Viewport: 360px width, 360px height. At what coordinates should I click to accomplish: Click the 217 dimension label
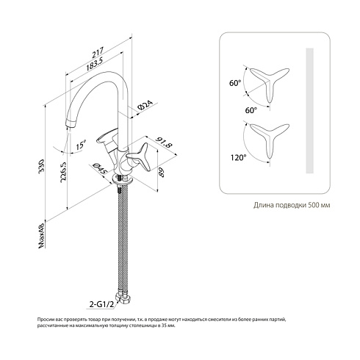click(98, 52)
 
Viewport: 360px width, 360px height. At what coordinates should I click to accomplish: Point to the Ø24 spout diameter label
click(145, 105)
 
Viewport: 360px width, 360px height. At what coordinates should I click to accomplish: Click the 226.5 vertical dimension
click(64, 172)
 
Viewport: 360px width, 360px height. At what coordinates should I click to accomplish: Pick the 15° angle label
click(81, 145)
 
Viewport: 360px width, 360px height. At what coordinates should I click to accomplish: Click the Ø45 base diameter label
click(99, 168)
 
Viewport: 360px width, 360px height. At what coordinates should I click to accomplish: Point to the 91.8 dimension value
click(165, 143)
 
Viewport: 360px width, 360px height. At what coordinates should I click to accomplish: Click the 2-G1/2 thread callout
click(101, 304)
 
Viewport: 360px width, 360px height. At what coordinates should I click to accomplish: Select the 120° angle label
click(238, 157)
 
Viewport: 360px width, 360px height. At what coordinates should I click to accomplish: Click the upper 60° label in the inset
click(235, 83)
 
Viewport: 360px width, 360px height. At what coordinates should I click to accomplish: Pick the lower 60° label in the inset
click(251, 110)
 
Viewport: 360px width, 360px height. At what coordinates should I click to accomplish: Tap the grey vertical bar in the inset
click(310, 111)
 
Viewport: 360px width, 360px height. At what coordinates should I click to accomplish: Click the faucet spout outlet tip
click(70, 124)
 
